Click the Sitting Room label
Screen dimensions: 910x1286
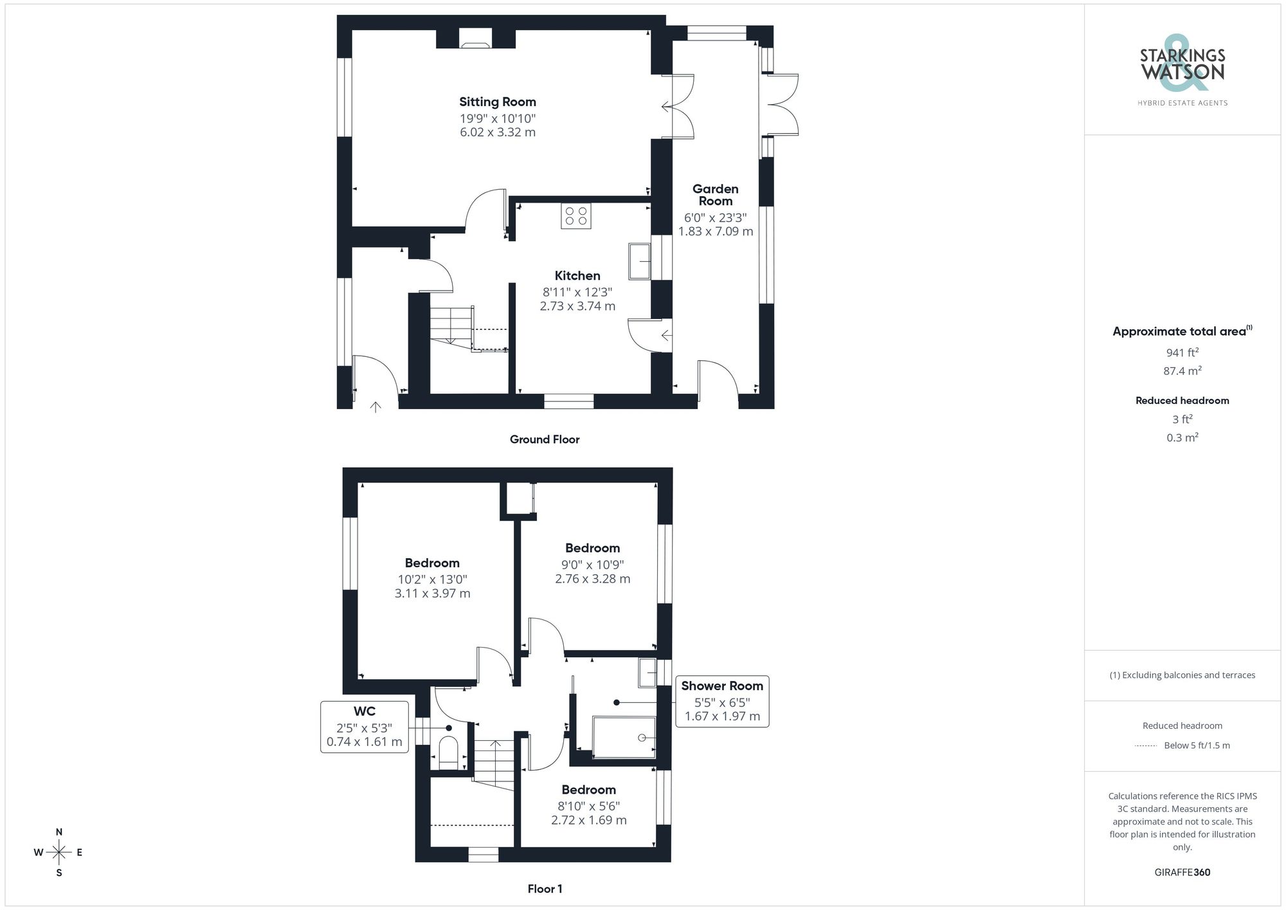(x=497, y=102)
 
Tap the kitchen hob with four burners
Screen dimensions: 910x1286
(x=575, y=216)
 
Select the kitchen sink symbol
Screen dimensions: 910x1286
(x=640, y=261)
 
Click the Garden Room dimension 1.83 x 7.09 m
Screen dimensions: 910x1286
(x=715, y=232)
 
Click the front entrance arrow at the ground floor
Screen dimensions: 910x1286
(x=376, y=406)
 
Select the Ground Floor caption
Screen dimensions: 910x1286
(x=545, y=439)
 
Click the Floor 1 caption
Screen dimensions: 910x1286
(x=545, y=889)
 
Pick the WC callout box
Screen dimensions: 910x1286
(x=364, y=727)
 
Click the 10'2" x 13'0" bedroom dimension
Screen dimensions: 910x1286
(x=432, y=579)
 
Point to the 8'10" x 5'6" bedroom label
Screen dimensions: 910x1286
(x=588, y=790)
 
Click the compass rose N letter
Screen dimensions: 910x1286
(x=59, y=832)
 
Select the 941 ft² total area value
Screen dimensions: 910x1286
(x=1182, y=352)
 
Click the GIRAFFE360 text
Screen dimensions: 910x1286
(x=1182, y=873)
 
